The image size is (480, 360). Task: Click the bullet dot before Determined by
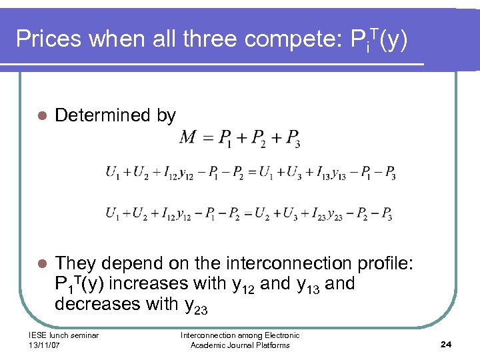click(x=41, y=116)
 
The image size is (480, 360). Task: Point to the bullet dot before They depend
click(x=41, y=264)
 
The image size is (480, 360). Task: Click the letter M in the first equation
click(x=188, y=137)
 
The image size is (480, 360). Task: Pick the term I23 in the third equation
click(x=317, y=214)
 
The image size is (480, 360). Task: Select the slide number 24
click(x=446, y=344)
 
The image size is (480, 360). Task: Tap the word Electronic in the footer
click(x=278, y=335)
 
